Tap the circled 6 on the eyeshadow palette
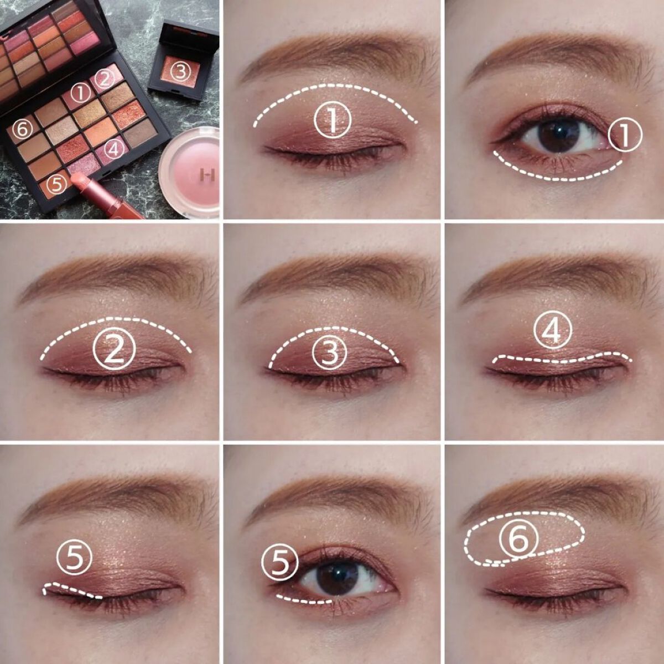(22, 129)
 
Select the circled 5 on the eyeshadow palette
(57, 185)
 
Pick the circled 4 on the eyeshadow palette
(114, 150)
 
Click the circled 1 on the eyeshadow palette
(81, 94)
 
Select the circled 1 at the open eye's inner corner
(625, 134)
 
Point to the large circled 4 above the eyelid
(553, 330)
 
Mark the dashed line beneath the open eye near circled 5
(304, 600)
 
